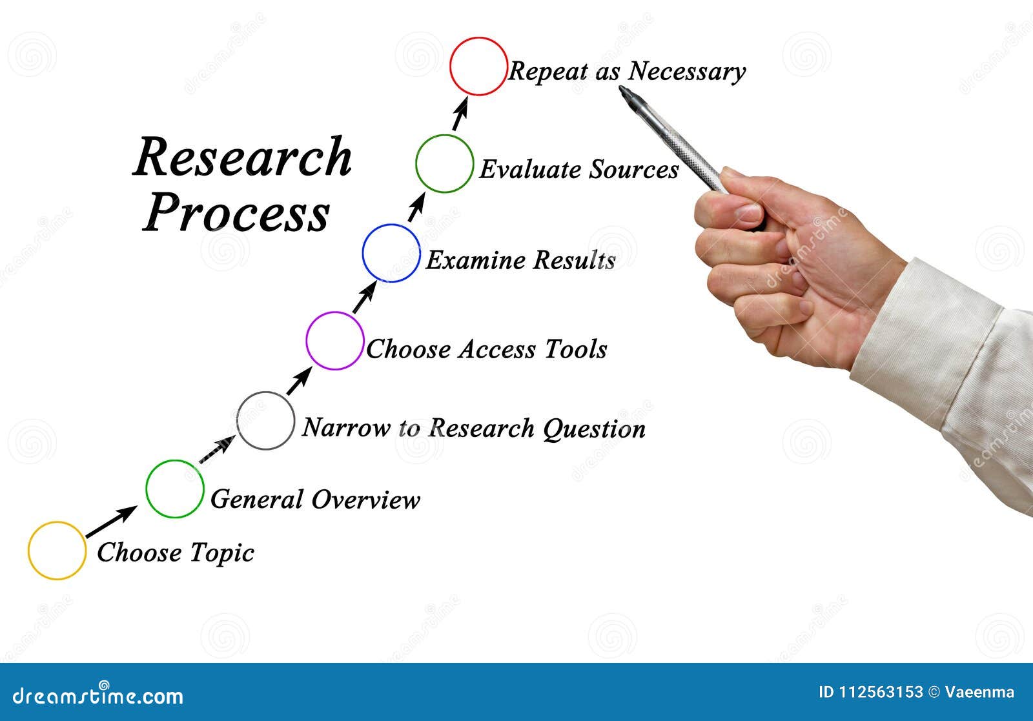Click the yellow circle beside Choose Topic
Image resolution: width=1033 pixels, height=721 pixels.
pyautogui.click(x=57, y=551)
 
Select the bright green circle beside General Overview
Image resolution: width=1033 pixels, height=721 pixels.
pyautogui.click(x=174, y=489)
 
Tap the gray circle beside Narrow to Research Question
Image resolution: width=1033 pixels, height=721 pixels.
pyautogui.click(x=265, y=420)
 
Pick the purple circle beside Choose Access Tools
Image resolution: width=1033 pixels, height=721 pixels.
pyautogui.click(x=334, y=341)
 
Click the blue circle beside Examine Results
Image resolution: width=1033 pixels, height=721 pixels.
pyautogui.click(x=391, y=253)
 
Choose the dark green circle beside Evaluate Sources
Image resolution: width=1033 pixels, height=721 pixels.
pyautogui.click(x=444, y=163)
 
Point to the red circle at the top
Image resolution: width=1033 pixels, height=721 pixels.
pyautogui.click(x=478, y=66)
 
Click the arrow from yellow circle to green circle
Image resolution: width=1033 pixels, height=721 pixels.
pyautogui.click(x=111, y=522)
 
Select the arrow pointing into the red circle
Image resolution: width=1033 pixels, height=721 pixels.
pyautogui.click(x=460, y=114)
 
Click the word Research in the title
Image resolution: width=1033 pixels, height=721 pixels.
pyautogui.click(x=243, y=157)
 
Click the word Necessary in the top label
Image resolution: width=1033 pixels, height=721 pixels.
pyautogui.click(x=687, y=71)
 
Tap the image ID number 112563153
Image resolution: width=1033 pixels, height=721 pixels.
pyautogui.click(x=881, y=693)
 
